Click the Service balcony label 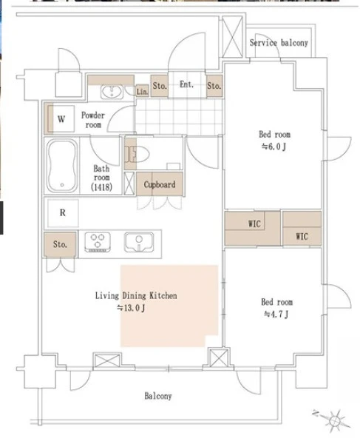tap(279, 43)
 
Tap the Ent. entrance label tap(186, 84)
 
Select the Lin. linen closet tap(142, 91)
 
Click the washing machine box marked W tap(61, 119)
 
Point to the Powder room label tap(93, 120)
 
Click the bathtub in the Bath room tap(62, 166)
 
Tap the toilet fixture tap(137, 155)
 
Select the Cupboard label tap(160, 184)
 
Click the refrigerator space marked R tap(63, 213)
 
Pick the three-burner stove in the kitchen tap(98, 242)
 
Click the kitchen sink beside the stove tap(139, 242)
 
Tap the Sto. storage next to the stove tap(60, 244)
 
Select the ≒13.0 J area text tap(132, 308)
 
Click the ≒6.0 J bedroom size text tap(274, 147)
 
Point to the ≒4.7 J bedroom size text tap(276, 314)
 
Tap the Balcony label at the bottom tap(158, 396)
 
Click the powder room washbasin tap(112, 92)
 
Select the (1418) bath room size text tap(101, 187)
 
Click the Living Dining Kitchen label tap(136, 296)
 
